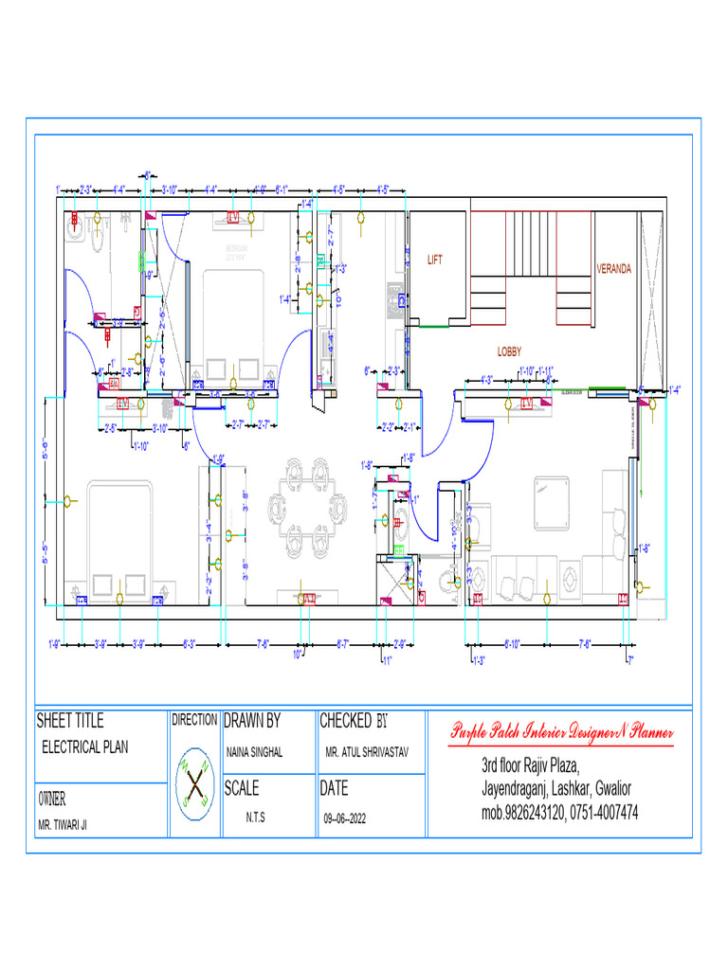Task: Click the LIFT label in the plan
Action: click(x=435, y=260)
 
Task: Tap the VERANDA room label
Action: click(x=613, y=269)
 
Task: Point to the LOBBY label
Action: click(x=509, y=351)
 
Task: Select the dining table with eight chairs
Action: click(x=308, y=505)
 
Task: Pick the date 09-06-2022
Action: click(x=344, y=817)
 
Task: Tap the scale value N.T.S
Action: click(x=255, y=817)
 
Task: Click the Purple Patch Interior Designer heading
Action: click(x=561, y=732)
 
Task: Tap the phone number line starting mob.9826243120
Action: click(x=559, y=812)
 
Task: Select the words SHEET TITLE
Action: click(x=70, y=721)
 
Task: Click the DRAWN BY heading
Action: click(x=252, y=721)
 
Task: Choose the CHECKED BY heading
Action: click(x=354, y=721)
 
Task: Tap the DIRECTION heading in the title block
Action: click(x=194, y=720)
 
